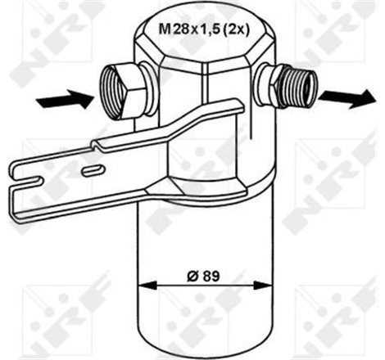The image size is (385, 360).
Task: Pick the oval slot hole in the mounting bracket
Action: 93,169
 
